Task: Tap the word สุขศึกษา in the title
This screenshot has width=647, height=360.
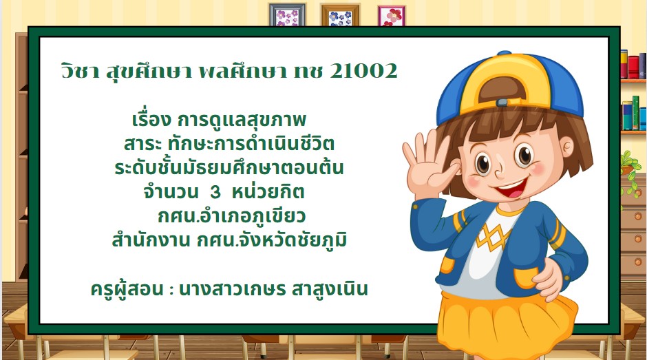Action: click(149, 71)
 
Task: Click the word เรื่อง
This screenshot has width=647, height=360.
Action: click(151, 119)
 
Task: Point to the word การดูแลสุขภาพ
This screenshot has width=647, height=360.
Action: click(242, 120)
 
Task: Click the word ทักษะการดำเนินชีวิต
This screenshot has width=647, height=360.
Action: click(251, 144)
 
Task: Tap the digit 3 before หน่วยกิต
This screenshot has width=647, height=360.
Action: click(215, 192)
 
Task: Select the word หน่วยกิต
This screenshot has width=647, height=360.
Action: click(268, 191)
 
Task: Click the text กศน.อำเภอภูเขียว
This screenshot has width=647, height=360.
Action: click(231, 216)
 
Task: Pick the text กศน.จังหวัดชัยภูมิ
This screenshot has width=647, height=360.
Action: click(271, 240)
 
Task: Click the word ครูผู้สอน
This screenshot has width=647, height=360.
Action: click(127, 289)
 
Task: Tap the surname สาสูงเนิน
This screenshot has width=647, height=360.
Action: click(330, 288)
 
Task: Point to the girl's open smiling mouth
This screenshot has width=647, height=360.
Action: click(511, 191)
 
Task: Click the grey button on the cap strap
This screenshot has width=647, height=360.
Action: click(502, 103)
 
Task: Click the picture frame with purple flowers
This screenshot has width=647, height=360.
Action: click(287, 15)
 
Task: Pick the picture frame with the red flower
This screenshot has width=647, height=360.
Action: click(392, 16)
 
